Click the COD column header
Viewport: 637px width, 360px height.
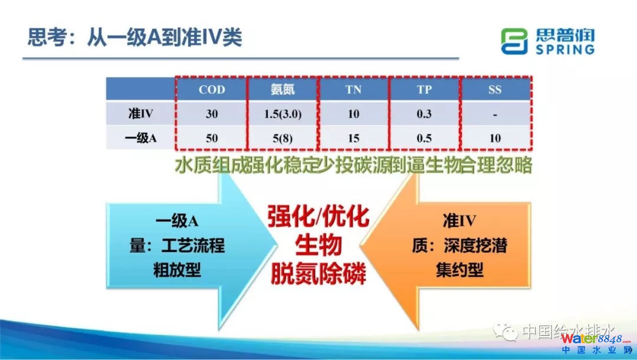tap(212, 89)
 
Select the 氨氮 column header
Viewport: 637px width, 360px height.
tap(283, 89)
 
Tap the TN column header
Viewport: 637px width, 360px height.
tap(353, 89)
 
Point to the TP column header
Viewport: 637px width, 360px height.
tap(424, 89)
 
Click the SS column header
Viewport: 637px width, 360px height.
tap(495, 89)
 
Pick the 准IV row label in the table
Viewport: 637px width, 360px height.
tap(140, 113)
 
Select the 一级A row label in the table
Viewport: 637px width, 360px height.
tap(140, 138)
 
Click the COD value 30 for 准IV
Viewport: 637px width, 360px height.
tap(212, 114)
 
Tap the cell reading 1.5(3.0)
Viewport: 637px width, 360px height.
tap(283, 114)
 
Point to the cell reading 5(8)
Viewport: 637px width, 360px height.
tap(283, 138)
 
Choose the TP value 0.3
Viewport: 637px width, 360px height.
tap(424, 114)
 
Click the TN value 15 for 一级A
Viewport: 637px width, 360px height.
tap(353, 138)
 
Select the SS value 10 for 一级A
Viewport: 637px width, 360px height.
tap(495, 138)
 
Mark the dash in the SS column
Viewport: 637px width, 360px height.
tap(495, 115)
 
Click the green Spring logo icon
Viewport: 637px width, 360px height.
tap(514, 41)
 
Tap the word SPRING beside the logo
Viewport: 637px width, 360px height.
tap(564, 49)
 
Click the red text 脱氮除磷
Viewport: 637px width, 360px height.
tap(318, 273)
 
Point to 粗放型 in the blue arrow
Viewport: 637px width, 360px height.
tap(177, 270)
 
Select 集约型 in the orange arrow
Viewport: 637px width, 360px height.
tap(459, 270)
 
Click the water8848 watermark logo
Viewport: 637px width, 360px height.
tap(596, 343)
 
